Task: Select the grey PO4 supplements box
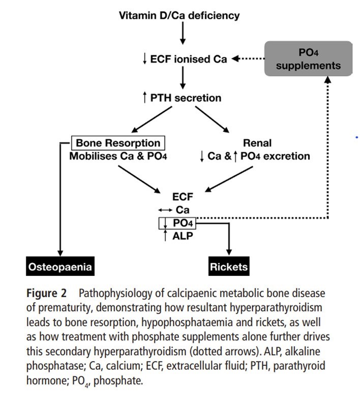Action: pyautogui.click(x=308, y=59)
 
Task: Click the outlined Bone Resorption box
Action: pyautogui.click(x=119, y=143)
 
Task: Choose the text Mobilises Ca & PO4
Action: pyautogui.click(x=118, y=156)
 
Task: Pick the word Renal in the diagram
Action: pyautogui.click(x=258, y=143)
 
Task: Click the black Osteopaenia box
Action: pyautogui.click(x=61, y=266)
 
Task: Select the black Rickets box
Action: pyautogui.click(x=228, y=266)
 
